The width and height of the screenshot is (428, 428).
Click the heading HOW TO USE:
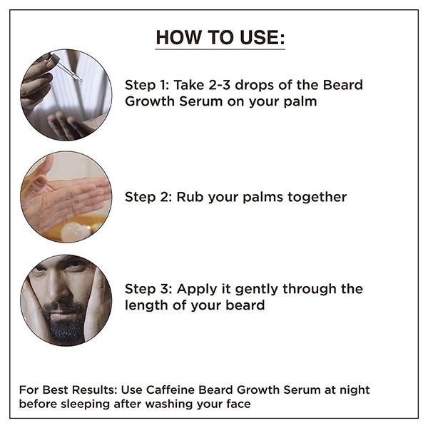pyautogui.click(x=220, y=38)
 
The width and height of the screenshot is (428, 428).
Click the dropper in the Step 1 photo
pyautogui.click(x=69, y=72)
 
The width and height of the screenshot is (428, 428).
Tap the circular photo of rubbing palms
pyautogui.click(x=66, y=196)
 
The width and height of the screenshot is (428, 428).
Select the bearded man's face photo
pyautogui.click(x=66, y=300)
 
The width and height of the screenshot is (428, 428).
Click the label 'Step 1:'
pyautogui.click(x=146, y=86)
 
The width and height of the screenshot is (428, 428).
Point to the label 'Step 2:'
pyautogui.click(x=146, y=197)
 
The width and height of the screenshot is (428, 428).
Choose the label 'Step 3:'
pyautogui.click(x=146, y=289)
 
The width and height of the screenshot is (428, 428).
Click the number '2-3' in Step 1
pyautogui.click(x=218, y=86)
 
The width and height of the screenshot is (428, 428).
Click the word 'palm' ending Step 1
pyautogui.click(x=299, y=102)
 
